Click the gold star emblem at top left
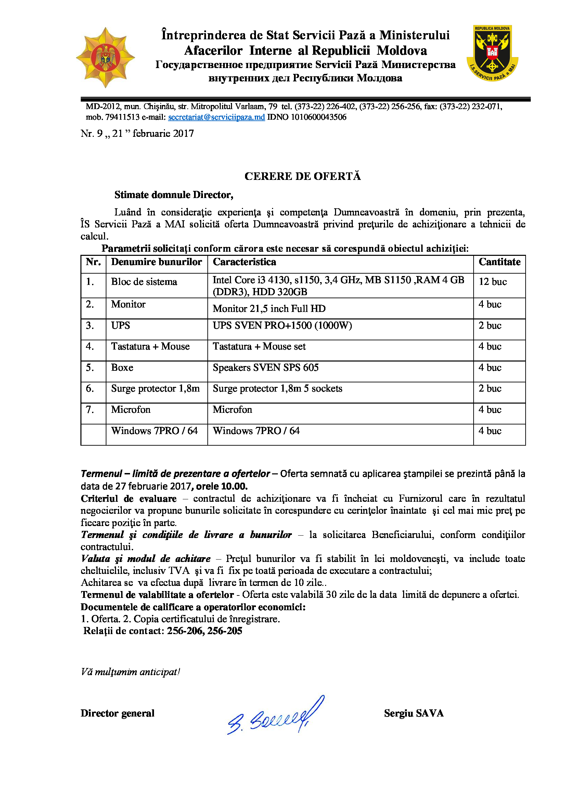click(105, 57)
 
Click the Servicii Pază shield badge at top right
click(492, 53)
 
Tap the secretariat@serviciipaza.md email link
click(216, 117)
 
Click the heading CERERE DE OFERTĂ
click(303, 176)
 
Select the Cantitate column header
click(499, 262)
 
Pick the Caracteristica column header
click(244, 262)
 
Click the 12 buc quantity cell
click(492, 281)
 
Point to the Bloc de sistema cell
click(144, 281)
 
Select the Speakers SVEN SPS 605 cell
click(266, 368)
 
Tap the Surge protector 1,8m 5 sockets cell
click(278, 389)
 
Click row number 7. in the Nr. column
click(90, 409)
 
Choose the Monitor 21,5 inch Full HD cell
click(269, 309)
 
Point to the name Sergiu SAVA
click(414, 713)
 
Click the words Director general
click(117, 713)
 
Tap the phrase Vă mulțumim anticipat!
click(130, 672)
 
